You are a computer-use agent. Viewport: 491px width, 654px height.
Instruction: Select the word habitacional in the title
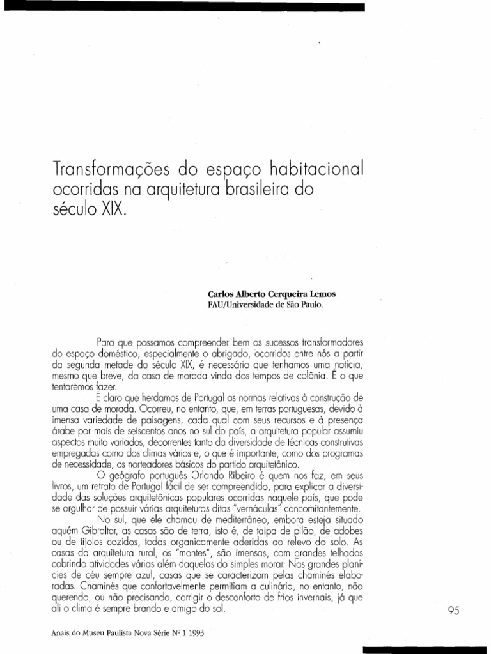309,169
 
